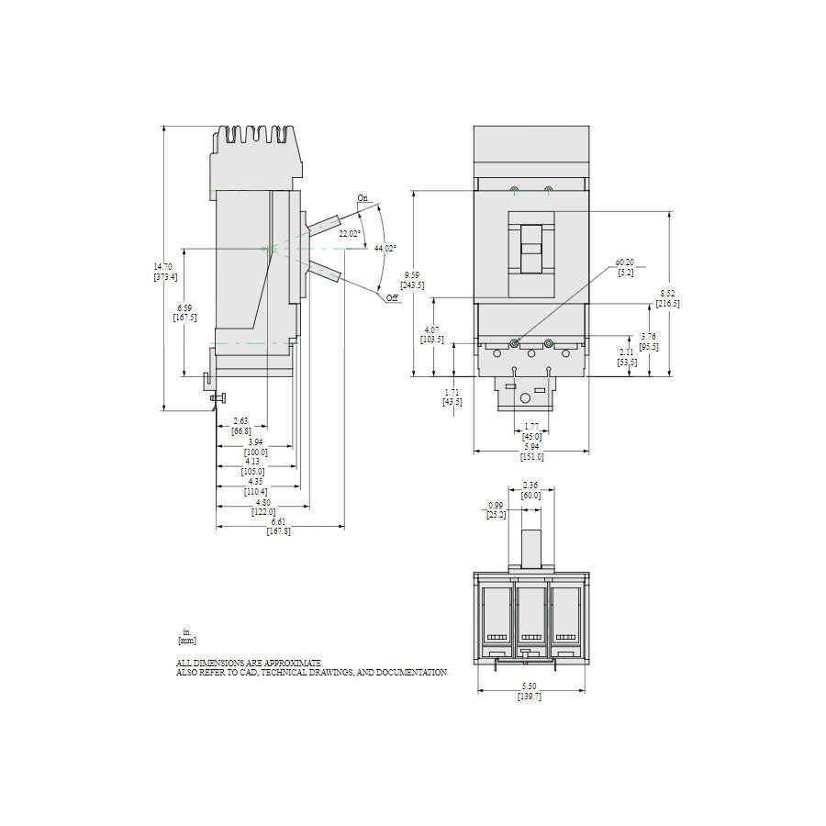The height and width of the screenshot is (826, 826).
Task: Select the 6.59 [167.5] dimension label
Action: coord(184,313)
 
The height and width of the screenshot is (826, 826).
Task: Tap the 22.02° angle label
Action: coord(349,234)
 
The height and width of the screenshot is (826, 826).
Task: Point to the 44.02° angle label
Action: coord(385,248)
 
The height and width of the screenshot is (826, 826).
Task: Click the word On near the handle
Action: coord(363,198)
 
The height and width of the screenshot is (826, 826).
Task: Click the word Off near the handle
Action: coord(392,299)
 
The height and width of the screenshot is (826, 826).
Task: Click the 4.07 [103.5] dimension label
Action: coord(432,334)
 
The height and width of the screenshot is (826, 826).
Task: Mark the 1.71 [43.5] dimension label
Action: coord(452,397)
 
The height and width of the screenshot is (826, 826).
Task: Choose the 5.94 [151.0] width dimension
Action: coord(532,452)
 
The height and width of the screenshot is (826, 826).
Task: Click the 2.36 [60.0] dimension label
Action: coord(530,490)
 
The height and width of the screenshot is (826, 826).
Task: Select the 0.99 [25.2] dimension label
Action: coord(497,510)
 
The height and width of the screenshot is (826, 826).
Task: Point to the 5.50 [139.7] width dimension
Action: coord(530,692)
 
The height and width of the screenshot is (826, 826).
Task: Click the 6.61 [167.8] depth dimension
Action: coord(279,526)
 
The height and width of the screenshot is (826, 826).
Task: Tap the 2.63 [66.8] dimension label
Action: coord(241,426)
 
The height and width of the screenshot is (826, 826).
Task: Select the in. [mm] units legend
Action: coord(186,636)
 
